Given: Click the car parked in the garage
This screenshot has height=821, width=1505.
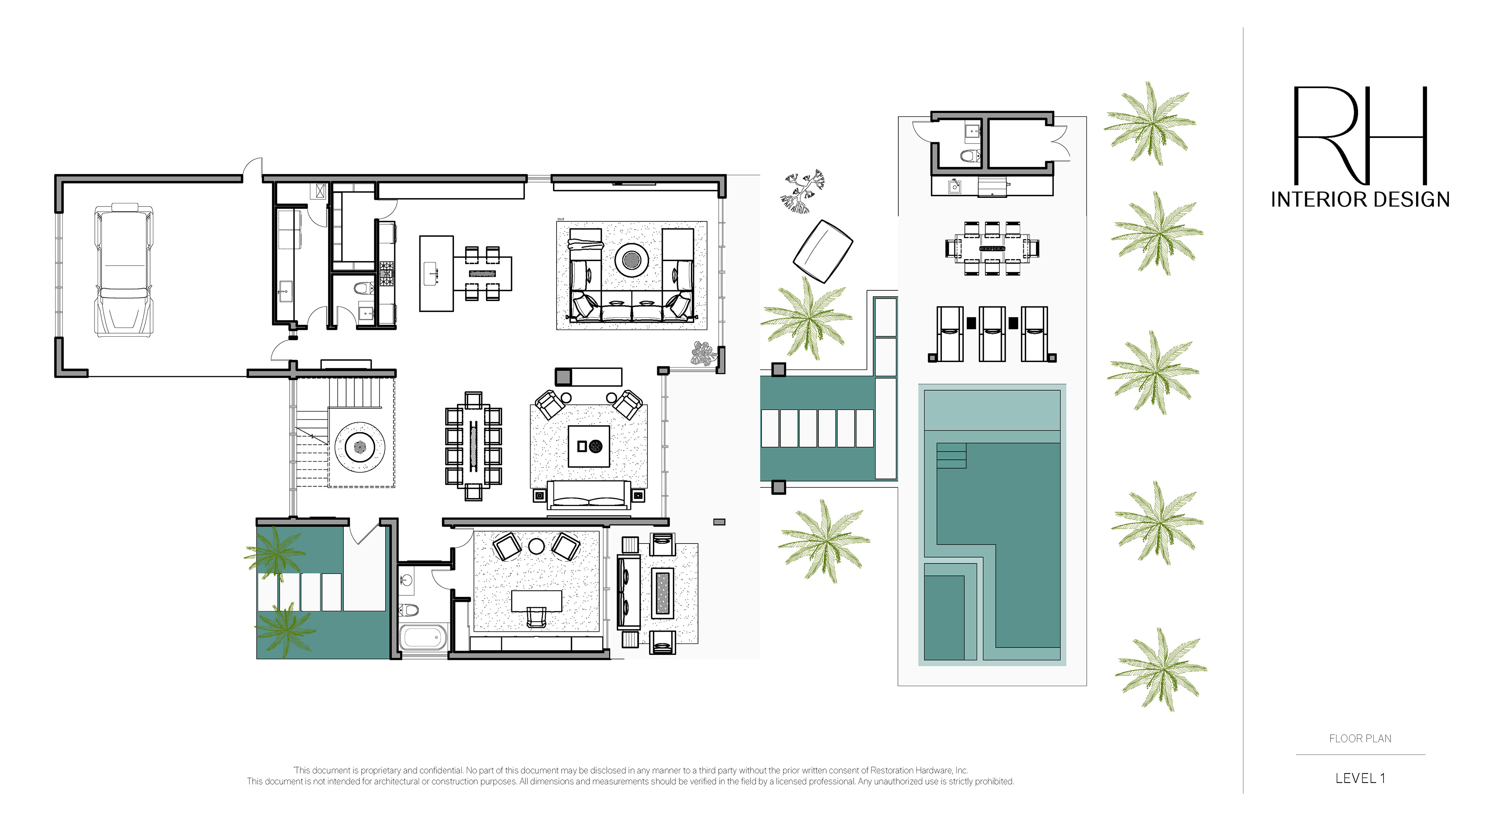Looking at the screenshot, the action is (x=124, y=270).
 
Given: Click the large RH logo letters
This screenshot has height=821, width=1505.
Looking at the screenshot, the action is (x=1360, y=136).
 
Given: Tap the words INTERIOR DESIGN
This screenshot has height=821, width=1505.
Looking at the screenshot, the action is (x=1360, y=200).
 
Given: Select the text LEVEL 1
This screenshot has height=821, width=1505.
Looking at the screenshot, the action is (x=1360, y=778).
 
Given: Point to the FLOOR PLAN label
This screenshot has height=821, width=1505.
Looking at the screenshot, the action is (x=1360, y=739).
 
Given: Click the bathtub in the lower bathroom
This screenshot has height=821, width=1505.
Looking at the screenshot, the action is (x=424, y=637).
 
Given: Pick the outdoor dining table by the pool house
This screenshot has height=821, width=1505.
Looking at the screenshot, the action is (x=992, y=248).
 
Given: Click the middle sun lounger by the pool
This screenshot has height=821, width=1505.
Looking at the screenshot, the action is (x=992, y=333).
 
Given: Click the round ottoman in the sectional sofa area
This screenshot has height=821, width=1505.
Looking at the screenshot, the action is (x=631, y=259).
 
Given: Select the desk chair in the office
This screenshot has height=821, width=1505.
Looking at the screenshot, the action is (x=536, y=616).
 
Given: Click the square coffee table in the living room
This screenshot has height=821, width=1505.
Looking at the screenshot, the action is (x=589, y=446).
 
